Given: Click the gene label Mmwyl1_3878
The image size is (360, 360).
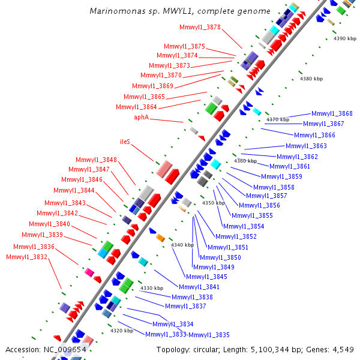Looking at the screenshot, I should point(200,27).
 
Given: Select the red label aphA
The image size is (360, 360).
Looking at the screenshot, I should point(141,118).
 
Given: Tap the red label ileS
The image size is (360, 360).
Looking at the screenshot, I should point(125,142).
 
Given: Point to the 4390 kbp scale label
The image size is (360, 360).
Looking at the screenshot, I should point(344,38).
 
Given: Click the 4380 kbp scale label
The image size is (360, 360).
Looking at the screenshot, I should point(311,79).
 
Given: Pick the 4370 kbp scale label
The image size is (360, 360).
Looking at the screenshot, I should point(278,119).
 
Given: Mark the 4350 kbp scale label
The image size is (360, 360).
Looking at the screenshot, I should point(213,203).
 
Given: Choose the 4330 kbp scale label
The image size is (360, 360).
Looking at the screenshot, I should point(151,288).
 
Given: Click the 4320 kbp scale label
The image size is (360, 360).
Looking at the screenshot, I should point(121,331).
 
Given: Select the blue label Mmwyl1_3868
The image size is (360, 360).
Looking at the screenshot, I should point(332,113).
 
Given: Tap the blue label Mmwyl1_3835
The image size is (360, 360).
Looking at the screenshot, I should point(209,335).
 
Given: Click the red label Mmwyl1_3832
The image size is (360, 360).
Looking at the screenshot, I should point(26,257).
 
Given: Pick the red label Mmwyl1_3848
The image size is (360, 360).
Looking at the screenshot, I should point(96,160).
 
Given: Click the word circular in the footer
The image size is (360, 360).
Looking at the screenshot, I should point(206,349).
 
